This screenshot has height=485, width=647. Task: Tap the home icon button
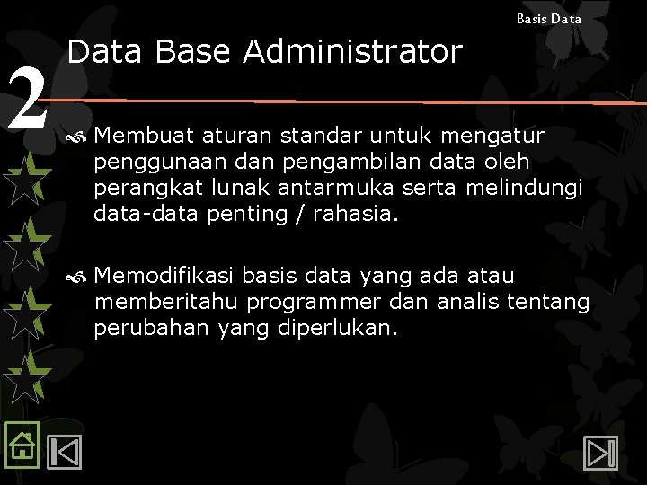coord(21,444)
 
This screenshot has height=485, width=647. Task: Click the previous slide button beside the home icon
coord(64,452)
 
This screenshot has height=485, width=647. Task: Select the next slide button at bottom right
coord(598,452)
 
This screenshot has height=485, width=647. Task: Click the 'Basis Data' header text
coord(548,18)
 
